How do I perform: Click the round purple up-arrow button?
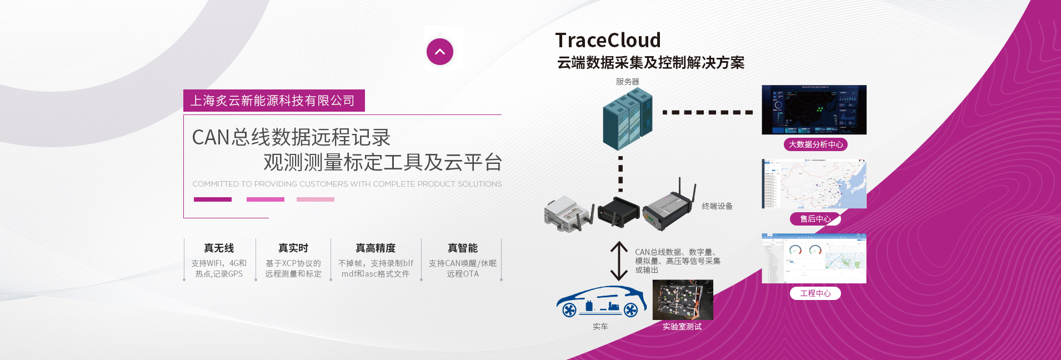tap(440, 52)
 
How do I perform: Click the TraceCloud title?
tap(608, 40)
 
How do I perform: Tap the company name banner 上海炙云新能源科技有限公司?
tap(273, 101)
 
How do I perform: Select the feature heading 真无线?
tap(219, 248)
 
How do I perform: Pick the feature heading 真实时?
tap(293, 248)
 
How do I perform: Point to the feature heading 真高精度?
tap(376, 248)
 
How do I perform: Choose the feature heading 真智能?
tap(463, 248)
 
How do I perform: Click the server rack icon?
tap(627, 118)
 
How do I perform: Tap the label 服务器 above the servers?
tap(627, 82)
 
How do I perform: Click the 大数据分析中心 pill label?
tap(815, 144)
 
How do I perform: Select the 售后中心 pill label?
tap(815, 219)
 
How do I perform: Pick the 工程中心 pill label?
tap(815, 293)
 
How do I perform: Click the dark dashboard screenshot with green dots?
tap(814, 109)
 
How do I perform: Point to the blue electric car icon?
tap(601, 302)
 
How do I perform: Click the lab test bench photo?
tap(682, 299)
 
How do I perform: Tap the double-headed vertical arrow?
tap(619, 261)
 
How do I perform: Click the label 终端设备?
tap(717, 206)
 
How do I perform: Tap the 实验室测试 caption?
tap(682, 327)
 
